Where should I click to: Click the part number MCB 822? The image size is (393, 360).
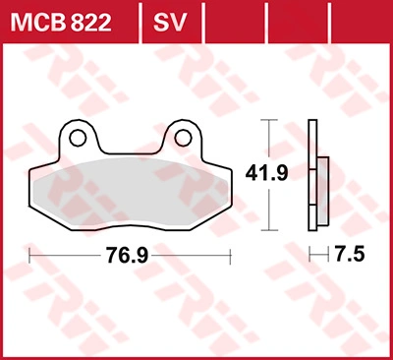point(61,23)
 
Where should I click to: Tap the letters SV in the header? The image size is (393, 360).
point(170,23)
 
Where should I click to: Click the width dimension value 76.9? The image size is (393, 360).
point(127,255)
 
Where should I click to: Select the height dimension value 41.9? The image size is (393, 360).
point(267,173)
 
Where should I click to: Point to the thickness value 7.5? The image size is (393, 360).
point(350,254)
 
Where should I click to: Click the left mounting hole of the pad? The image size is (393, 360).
point(78,138)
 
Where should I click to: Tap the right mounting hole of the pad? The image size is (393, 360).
point(183,138)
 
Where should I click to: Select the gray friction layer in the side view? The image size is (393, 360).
point(323,191)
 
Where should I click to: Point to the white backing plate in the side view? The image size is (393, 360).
point(312,175)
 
